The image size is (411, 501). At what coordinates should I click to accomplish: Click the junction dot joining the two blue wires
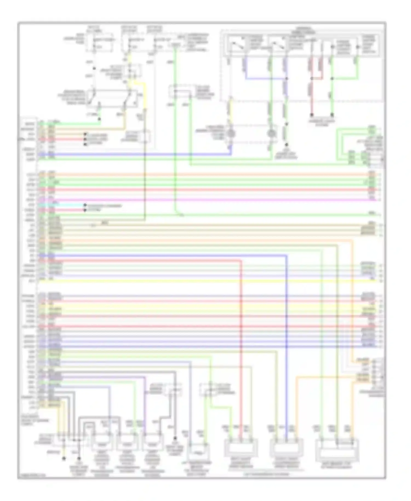tap(286, 79)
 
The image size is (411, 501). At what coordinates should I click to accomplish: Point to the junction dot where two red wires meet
tap(312, 79)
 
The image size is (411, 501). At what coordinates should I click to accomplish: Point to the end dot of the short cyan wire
tap(85, 205)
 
